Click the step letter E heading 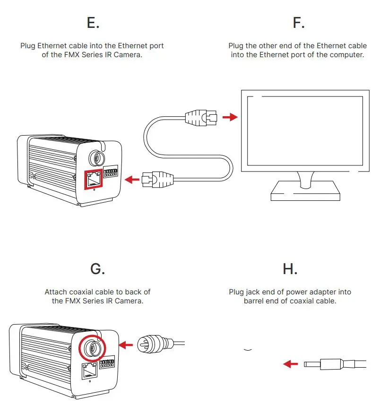[x=93, y=22]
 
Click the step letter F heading [x=298, y=22]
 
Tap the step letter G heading [x=97, y=268]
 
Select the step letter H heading [x=290, y=268]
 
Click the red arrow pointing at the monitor [x=230, y=116]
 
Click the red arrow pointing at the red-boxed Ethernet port [x=132, y=180]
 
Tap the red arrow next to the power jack [x=290, y=364]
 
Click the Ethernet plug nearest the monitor [x=200, y=117]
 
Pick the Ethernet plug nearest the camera [x=158, y=180]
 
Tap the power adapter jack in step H [x=326, y=364]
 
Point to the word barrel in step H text [x=255, y=301]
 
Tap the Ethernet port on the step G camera [x=89, y=371]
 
